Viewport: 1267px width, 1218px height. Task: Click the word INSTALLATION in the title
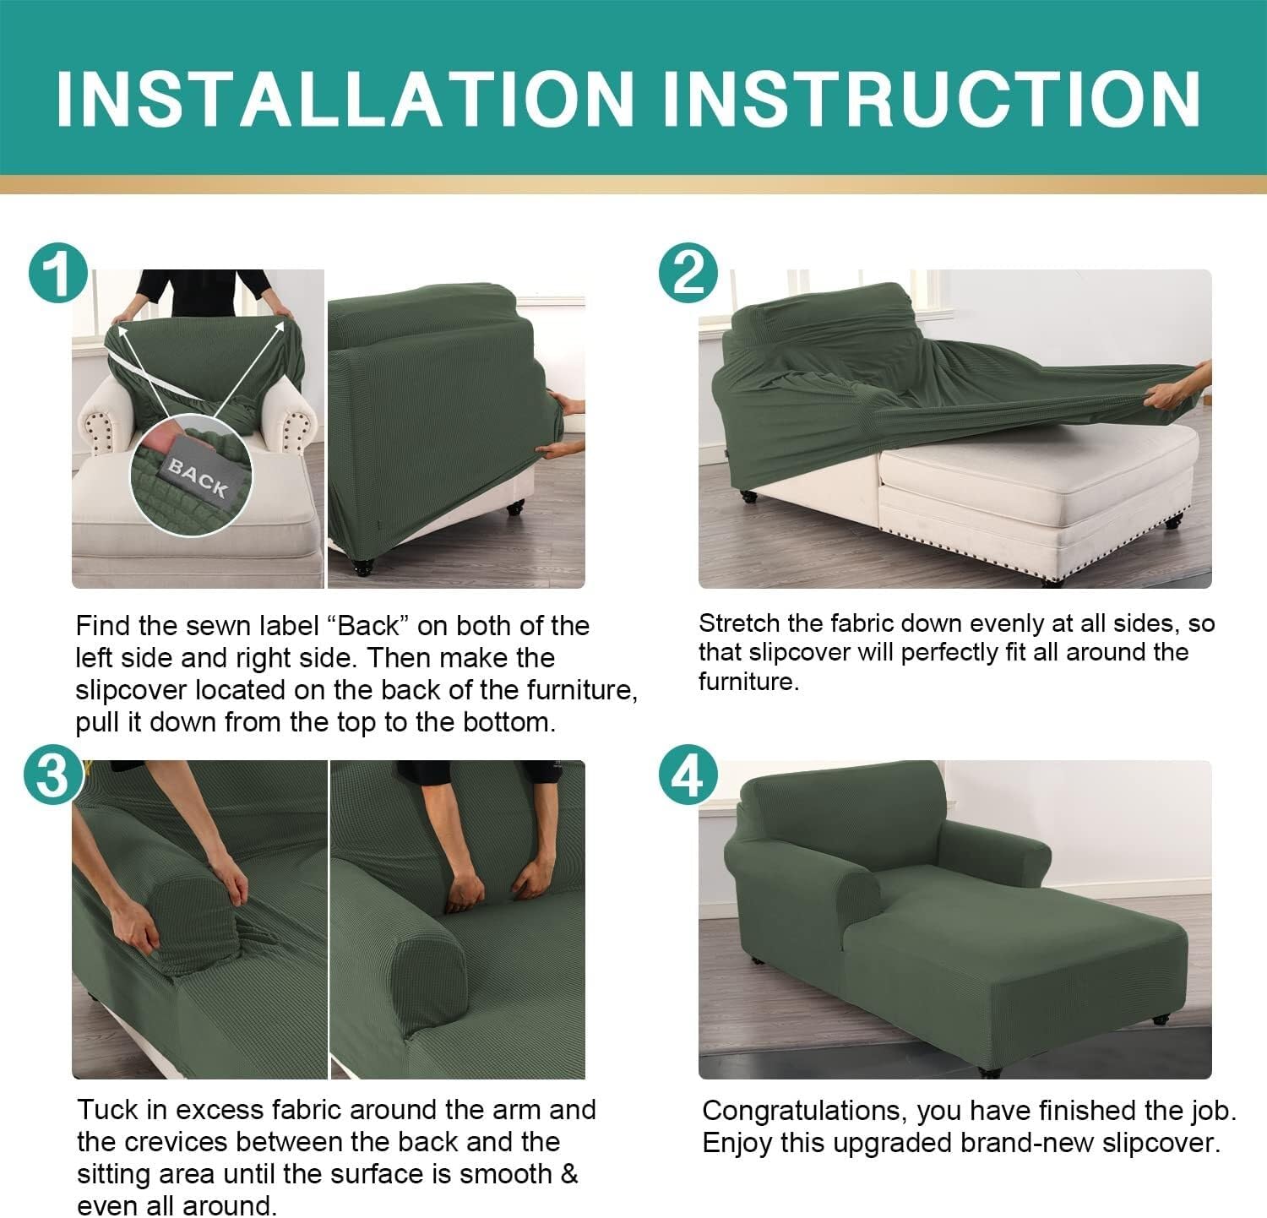click(345, 98)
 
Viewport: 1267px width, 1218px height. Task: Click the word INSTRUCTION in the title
click(931, 98)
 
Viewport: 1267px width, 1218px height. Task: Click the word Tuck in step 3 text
click(108, 1109)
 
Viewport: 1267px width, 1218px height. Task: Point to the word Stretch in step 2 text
click(739, 623)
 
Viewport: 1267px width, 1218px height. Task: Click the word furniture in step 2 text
click(747, 682)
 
